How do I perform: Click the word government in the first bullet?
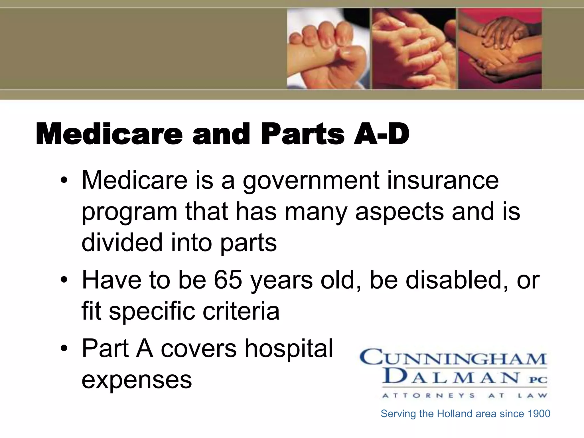311,181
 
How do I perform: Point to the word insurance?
443,180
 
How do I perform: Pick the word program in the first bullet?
129,212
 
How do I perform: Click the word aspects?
400,212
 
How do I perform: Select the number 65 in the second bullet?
228,280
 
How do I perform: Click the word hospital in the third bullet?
289,348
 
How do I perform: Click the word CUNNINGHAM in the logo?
453,358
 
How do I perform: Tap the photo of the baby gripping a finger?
328,48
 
